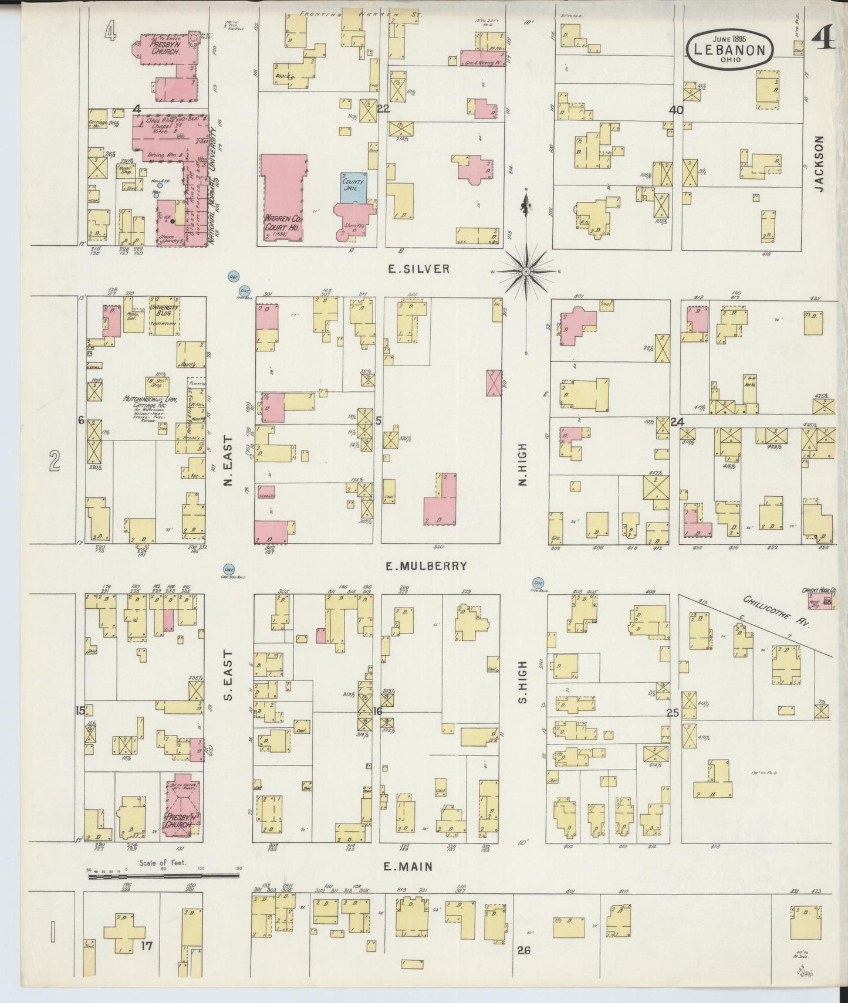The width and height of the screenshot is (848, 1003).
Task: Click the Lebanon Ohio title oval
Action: [729, 50]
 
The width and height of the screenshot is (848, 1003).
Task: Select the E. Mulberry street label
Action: [426, 566]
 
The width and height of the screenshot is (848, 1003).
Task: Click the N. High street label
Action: [522, 464]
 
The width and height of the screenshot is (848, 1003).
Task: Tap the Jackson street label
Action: [819, 164]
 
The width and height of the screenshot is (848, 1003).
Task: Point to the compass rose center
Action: [526, 272]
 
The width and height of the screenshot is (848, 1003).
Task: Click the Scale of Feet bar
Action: [163, 876]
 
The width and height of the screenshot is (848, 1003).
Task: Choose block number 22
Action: [383, 109]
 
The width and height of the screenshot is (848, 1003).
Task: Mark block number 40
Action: [676, 110]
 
